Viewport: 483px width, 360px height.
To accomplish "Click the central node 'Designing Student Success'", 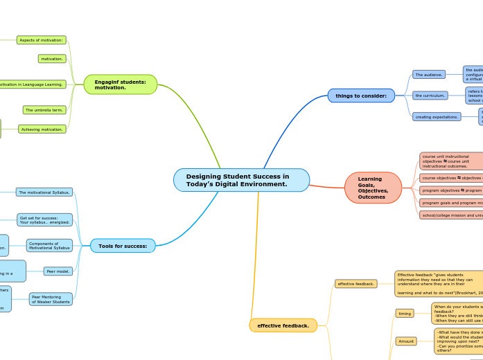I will [241, 180].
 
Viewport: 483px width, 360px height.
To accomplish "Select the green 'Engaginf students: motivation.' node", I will [120, 84].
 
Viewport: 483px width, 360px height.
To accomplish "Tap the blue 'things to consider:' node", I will [361, 96].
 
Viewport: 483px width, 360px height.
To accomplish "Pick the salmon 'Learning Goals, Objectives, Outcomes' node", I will [373, 188].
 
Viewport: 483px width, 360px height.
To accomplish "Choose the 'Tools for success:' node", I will [123, 246].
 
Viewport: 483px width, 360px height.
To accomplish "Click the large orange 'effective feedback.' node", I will [283, 325].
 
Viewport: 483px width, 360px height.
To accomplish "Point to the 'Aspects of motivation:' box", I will [41, 40].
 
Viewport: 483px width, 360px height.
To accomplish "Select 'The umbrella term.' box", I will [44, 109].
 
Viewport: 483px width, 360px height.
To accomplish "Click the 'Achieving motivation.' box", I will [42, 129].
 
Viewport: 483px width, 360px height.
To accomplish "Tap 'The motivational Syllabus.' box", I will [44, 192].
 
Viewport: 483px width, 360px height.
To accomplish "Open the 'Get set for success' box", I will [44, 220].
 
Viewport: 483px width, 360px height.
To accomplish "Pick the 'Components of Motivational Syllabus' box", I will [49, 246].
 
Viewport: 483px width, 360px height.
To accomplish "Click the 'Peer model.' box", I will [58, 271].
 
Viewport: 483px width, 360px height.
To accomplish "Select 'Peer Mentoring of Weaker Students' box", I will [51, 299].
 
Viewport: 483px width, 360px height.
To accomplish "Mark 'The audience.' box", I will [429, 74].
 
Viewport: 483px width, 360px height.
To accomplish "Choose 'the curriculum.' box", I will [430, 96].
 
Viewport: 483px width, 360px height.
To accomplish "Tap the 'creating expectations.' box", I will [437, 117].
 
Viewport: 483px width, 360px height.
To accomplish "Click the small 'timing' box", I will [405, 314].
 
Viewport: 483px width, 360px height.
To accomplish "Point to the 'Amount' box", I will [406, 341].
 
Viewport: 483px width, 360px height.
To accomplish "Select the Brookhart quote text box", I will [439, 284].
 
